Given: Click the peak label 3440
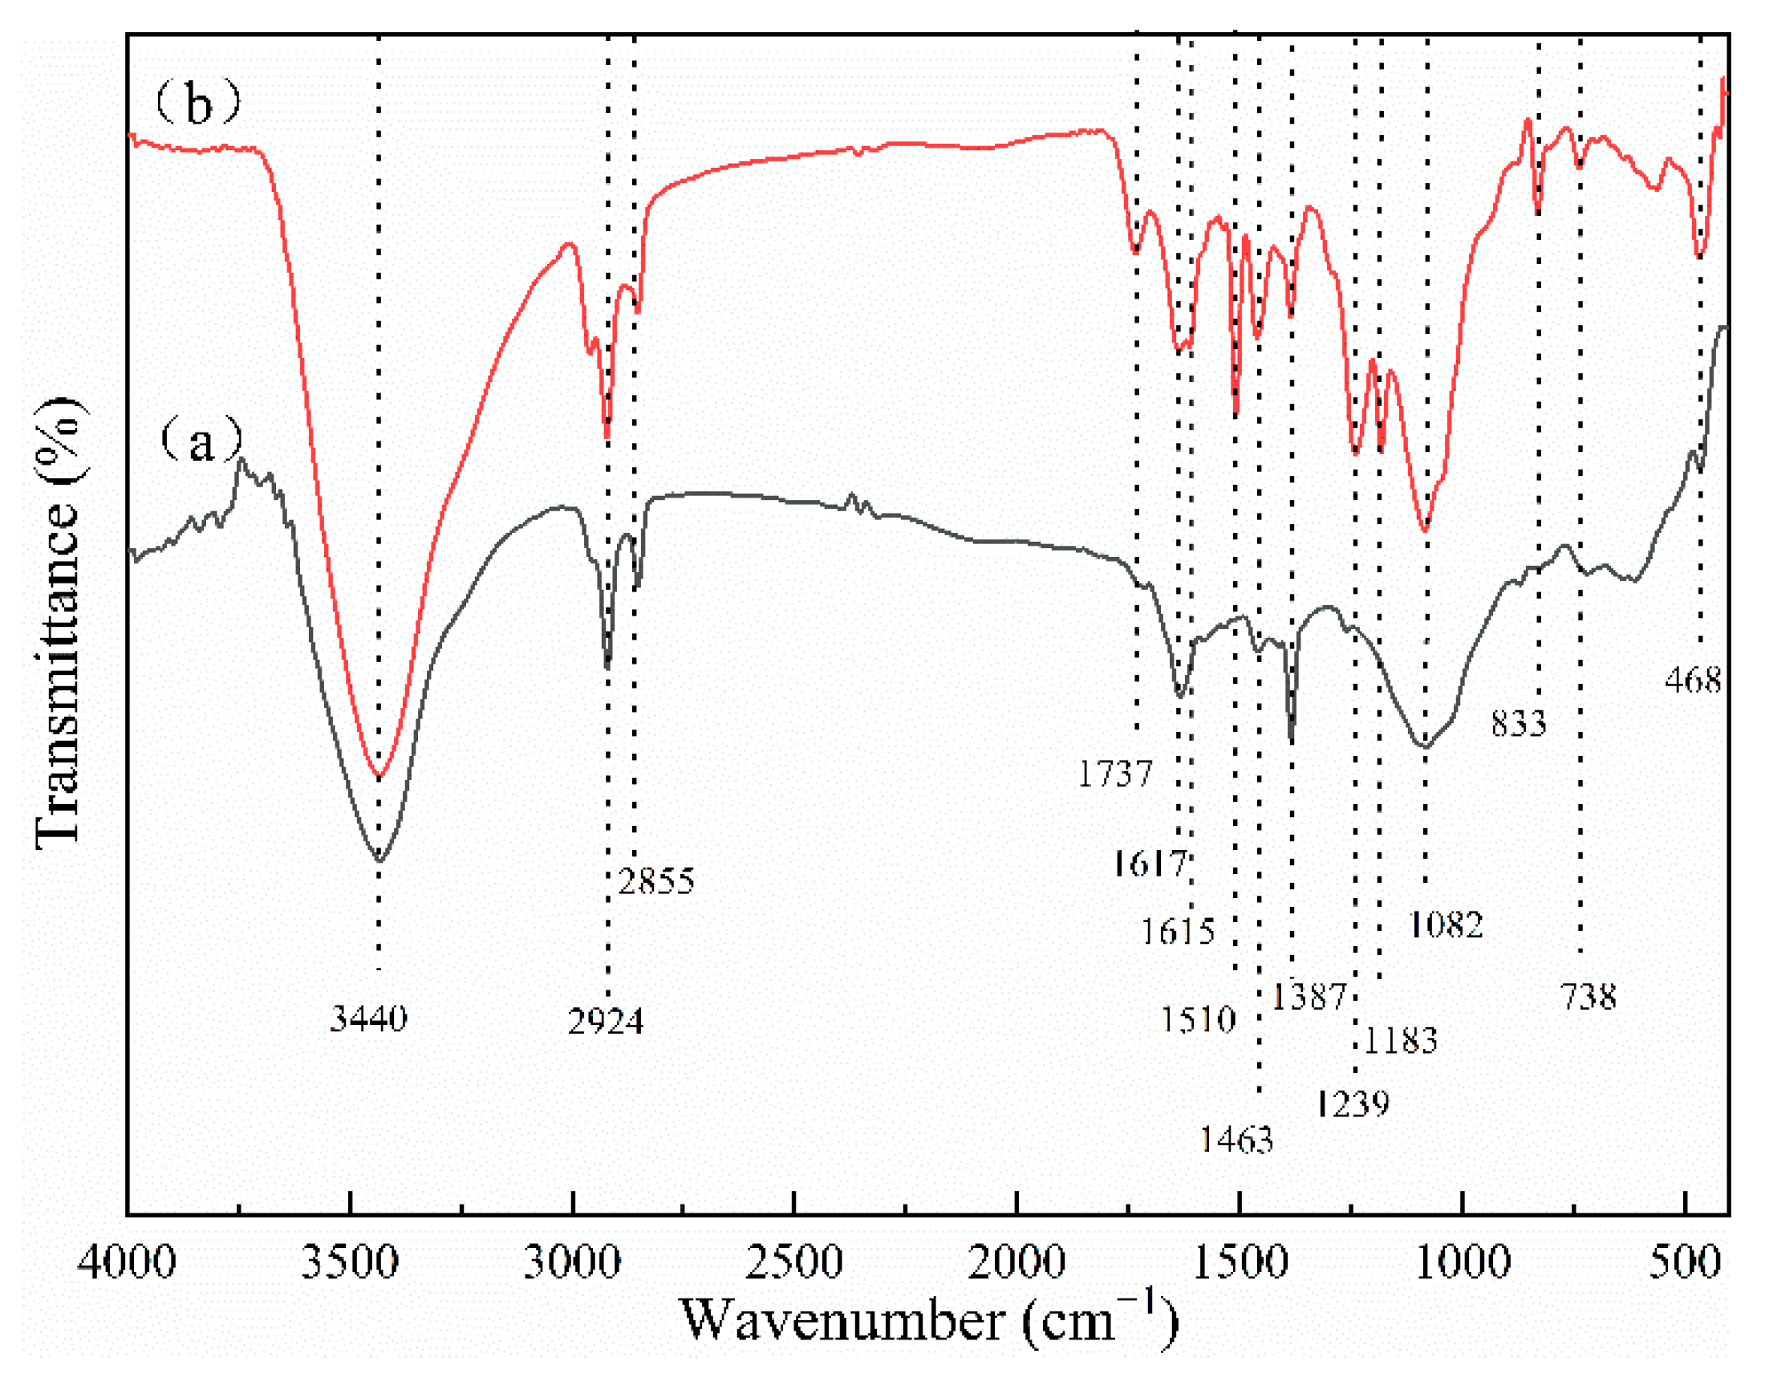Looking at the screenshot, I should click(x=368, y=1018).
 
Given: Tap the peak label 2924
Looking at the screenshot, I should click(x=605, y=1022).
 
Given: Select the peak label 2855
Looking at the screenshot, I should click(x=656, y=881).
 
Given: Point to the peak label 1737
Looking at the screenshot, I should click(x=1114, y=774).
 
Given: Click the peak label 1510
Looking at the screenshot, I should click(x=1198, y=1018).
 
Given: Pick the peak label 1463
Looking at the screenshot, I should click(x=1236, y=1140).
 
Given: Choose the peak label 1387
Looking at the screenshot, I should click(x=1309, y=996).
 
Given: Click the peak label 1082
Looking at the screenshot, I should click(x=1446, y=924).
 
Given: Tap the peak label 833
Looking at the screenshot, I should click(x=1518, y=722).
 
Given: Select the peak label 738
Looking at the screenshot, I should click(x=1588, y=997).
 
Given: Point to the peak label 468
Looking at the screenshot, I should click(x=1693, y=680).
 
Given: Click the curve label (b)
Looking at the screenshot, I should click(x=198, y=104).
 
